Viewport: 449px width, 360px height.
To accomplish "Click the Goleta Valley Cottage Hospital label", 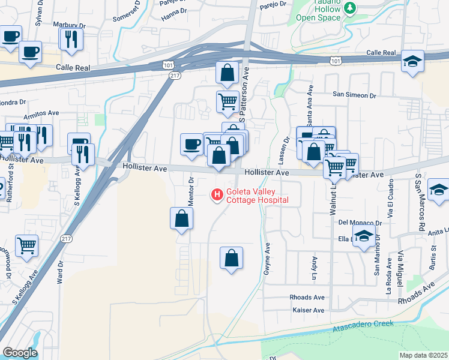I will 257,196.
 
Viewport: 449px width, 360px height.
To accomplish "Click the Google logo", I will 20,353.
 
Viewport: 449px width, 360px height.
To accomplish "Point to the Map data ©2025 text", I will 423,355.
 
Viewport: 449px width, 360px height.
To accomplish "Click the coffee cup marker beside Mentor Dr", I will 191,144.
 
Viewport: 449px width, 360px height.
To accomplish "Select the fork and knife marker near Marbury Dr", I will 70,39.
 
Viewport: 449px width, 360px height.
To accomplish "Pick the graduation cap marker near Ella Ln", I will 364,236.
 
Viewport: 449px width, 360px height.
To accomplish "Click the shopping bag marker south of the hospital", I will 231,258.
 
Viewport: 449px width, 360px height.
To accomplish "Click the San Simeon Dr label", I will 354,95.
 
